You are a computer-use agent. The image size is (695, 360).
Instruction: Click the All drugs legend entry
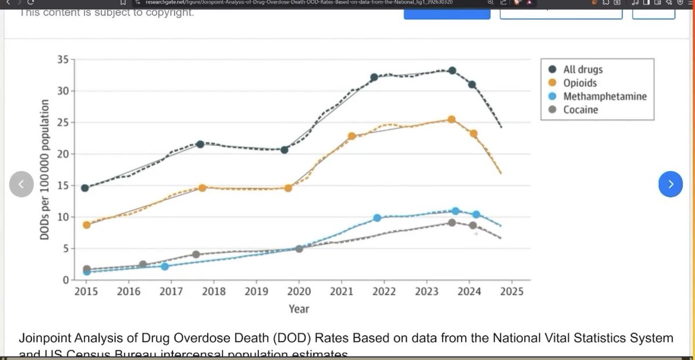[x=582, y=69]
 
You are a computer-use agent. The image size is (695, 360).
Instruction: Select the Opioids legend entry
[x=580, y=83]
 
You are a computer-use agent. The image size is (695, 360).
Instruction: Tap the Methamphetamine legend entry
[x=604, y=96]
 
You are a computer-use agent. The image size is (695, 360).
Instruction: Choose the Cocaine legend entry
[x=580, y=109]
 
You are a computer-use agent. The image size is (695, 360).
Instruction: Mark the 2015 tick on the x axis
[x=86, y=291]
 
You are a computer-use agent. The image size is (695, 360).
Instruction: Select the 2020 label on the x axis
[x=299, y=291]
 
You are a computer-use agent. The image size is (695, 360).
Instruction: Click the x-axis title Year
[x=299, y=309]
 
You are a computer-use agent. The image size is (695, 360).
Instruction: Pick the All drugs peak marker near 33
[x=452, y=71]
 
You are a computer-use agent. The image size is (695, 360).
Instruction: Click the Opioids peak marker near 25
[x=452, y=120]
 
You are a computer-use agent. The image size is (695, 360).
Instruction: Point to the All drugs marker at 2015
[x=85, y=188]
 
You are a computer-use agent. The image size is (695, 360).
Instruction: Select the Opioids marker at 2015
[x=86, y=225]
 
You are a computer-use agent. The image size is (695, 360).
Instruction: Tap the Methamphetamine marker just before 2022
[x=377, y=218]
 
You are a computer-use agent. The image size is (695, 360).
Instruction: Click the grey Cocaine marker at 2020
[x=299, y=249]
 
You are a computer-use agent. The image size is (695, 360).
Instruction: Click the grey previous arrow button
[x=21, y=185]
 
